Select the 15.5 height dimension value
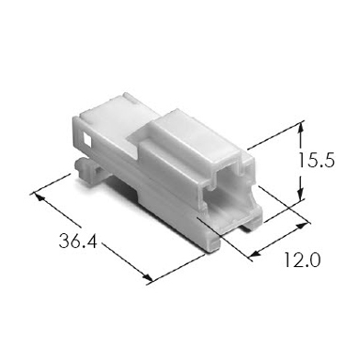(316, 160)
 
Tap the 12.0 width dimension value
(302, 260)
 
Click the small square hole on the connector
(86, 139)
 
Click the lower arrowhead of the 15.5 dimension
(301, 195)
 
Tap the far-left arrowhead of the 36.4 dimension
(39, 196)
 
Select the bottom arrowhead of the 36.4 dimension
(148, 277)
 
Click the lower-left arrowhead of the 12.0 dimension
(256, 254)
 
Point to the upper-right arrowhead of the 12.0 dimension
(302, 226)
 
